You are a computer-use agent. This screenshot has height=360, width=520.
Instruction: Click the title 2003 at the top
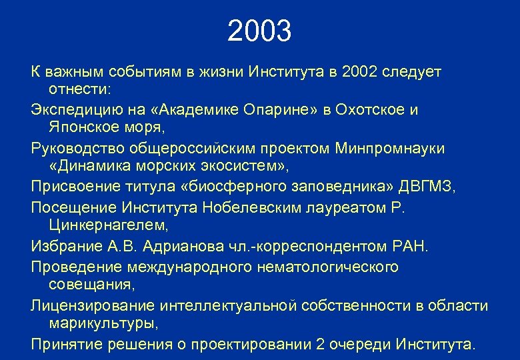coord(259,31)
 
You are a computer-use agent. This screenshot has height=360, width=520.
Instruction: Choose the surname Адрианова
coord(170,247)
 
